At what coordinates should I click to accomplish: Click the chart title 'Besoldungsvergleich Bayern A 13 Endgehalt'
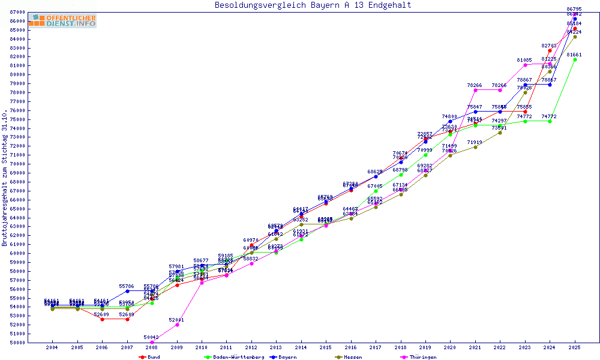coord(313,5)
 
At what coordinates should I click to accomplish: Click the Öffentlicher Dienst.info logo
coord(62,20)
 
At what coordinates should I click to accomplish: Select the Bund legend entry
coord(150,357)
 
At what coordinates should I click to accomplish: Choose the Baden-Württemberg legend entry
coord(234,357)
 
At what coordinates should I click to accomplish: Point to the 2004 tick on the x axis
coord(53,347)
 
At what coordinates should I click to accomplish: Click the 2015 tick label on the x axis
coord(326,347)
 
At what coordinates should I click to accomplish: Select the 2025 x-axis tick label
coord(575,347)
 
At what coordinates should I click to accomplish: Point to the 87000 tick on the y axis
coord(17,12)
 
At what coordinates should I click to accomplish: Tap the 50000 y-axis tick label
coord(17,343)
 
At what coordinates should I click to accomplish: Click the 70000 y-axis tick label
coord(17,163)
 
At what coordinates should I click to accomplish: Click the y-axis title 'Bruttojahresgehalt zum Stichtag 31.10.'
coord(5,178)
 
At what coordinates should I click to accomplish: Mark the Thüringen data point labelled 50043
coord(152,342)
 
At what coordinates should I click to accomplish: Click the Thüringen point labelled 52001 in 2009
coord(176,325)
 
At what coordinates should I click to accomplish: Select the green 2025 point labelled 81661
coord(575,59)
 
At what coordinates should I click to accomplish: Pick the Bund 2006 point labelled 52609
coord(102,319)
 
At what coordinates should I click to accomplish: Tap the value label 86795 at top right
coord(574,9)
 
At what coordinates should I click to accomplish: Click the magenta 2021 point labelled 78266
coord(475,90)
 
